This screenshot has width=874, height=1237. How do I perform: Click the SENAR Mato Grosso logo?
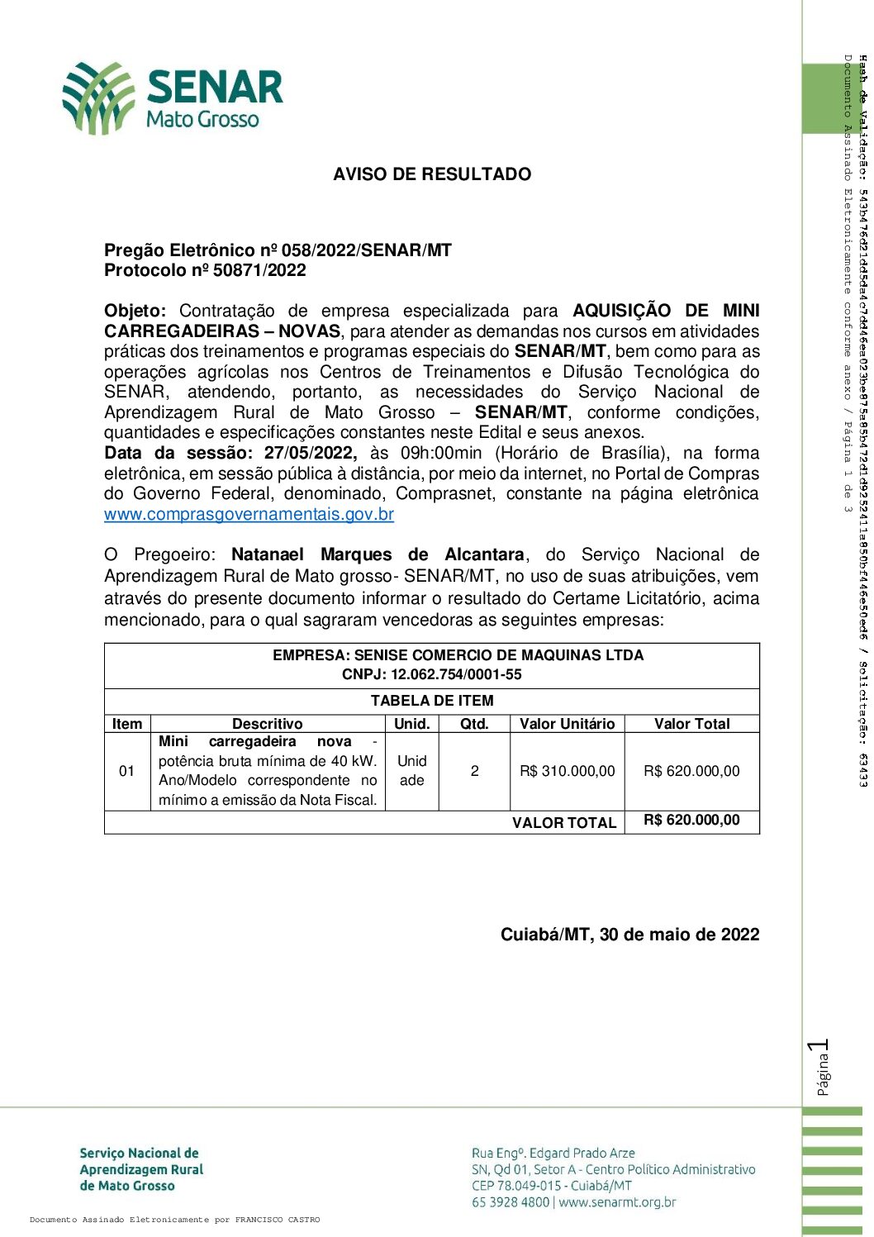coord(173,98)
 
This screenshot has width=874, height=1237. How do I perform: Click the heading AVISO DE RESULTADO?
coord(432,174)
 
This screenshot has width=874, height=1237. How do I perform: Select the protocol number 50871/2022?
coord(259,271)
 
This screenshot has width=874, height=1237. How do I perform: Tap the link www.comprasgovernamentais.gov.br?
coord(249,514)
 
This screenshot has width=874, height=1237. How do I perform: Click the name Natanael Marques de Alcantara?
coord(378,554)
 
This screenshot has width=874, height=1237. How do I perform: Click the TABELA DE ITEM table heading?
coord(432,701)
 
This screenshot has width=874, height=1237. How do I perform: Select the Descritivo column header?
coord(267,724)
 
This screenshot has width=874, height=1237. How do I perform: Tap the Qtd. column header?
coord(474,724)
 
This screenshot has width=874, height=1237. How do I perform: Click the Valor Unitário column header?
coord(567,724)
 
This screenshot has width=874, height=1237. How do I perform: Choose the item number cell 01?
coord(127,771)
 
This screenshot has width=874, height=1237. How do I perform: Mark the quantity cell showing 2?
coord(474,771)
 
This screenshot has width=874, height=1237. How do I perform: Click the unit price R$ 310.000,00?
coord(567,771)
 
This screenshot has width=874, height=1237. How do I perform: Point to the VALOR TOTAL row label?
coord(564,823)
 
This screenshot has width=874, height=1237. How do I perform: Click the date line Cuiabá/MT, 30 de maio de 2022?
coord(629,935)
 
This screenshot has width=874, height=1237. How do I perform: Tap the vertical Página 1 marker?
coord(820,1068)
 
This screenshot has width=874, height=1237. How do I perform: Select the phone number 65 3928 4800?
coord(510,1202)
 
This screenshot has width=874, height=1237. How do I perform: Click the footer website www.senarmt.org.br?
coord(617,1202)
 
